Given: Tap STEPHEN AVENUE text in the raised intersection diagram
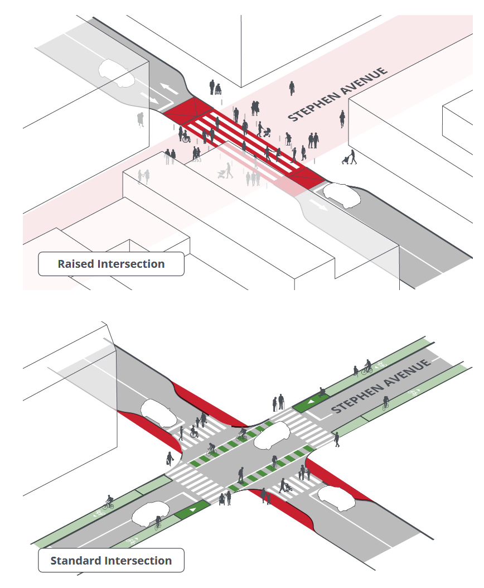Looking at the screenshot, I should click(337, 94).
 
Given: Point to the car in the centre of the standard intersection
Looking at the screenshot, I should click(271, 434).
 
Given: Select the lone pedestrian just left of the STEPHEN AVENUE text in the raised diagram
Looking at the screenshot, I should click(292, 88).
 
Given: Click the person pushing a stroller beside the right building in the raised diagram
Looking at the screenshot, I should click(350, 158).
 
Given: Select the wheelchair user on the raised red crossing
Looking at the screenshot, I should click(185, 136).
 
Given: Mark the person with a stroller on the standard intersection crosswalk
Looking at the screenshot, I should click(285, 485).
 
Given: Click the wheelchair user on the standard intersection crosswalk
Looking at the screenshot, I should click(194, 431).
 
